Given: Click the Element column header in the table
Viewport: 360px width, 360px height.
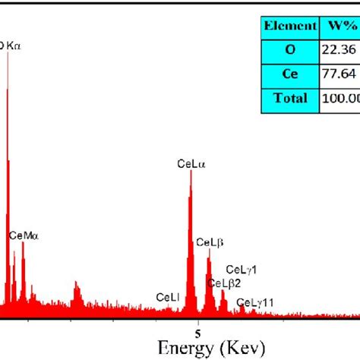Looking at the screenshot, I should click(x=289, y=26).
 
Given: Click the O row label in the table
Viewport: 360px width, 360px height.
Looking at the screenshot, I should click(x=289, y=49).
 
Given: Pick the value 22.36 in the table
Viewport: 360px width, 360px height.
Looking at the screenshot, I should click(x=339, y=49).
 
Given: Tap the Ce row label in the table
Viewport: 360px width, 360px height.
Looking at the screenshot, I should click(x=289, y=74).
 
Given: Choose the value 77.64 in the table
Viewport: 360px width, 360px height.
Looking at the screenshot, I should click(x=339, y=74).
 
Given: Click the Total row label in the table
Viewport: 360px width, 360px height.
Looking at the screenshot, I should click(x=289, y=98).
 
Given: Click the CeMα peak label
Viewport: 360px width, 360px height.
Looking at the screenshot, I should click(x=23, y=236).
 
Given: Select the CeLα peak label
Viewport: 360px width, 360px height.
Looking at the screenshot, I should click(x=191, y=163).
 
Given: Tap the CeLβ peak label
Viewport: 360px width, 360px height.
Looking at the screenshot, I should click(x=210, y=242).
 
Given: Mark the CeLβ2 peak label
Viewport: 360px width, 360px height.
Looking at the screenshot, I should click(x=225, y=283).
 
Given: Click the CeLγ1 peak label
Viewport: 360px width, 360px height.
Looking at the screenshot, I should click(x=242, y=270).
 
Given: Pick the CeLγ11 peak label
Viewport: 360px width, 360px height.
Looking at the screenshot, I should click(x=255, y=303).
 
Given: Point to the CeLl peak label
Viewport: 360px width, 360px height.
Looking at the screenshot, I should click(x=168, y=297).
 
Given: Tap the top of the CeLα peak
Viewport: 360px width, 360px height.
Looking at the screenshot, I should click(x=191, y=171).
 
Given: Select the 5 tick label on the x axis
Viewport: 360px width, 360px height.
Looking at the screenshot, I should click(x=197, y=332).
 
